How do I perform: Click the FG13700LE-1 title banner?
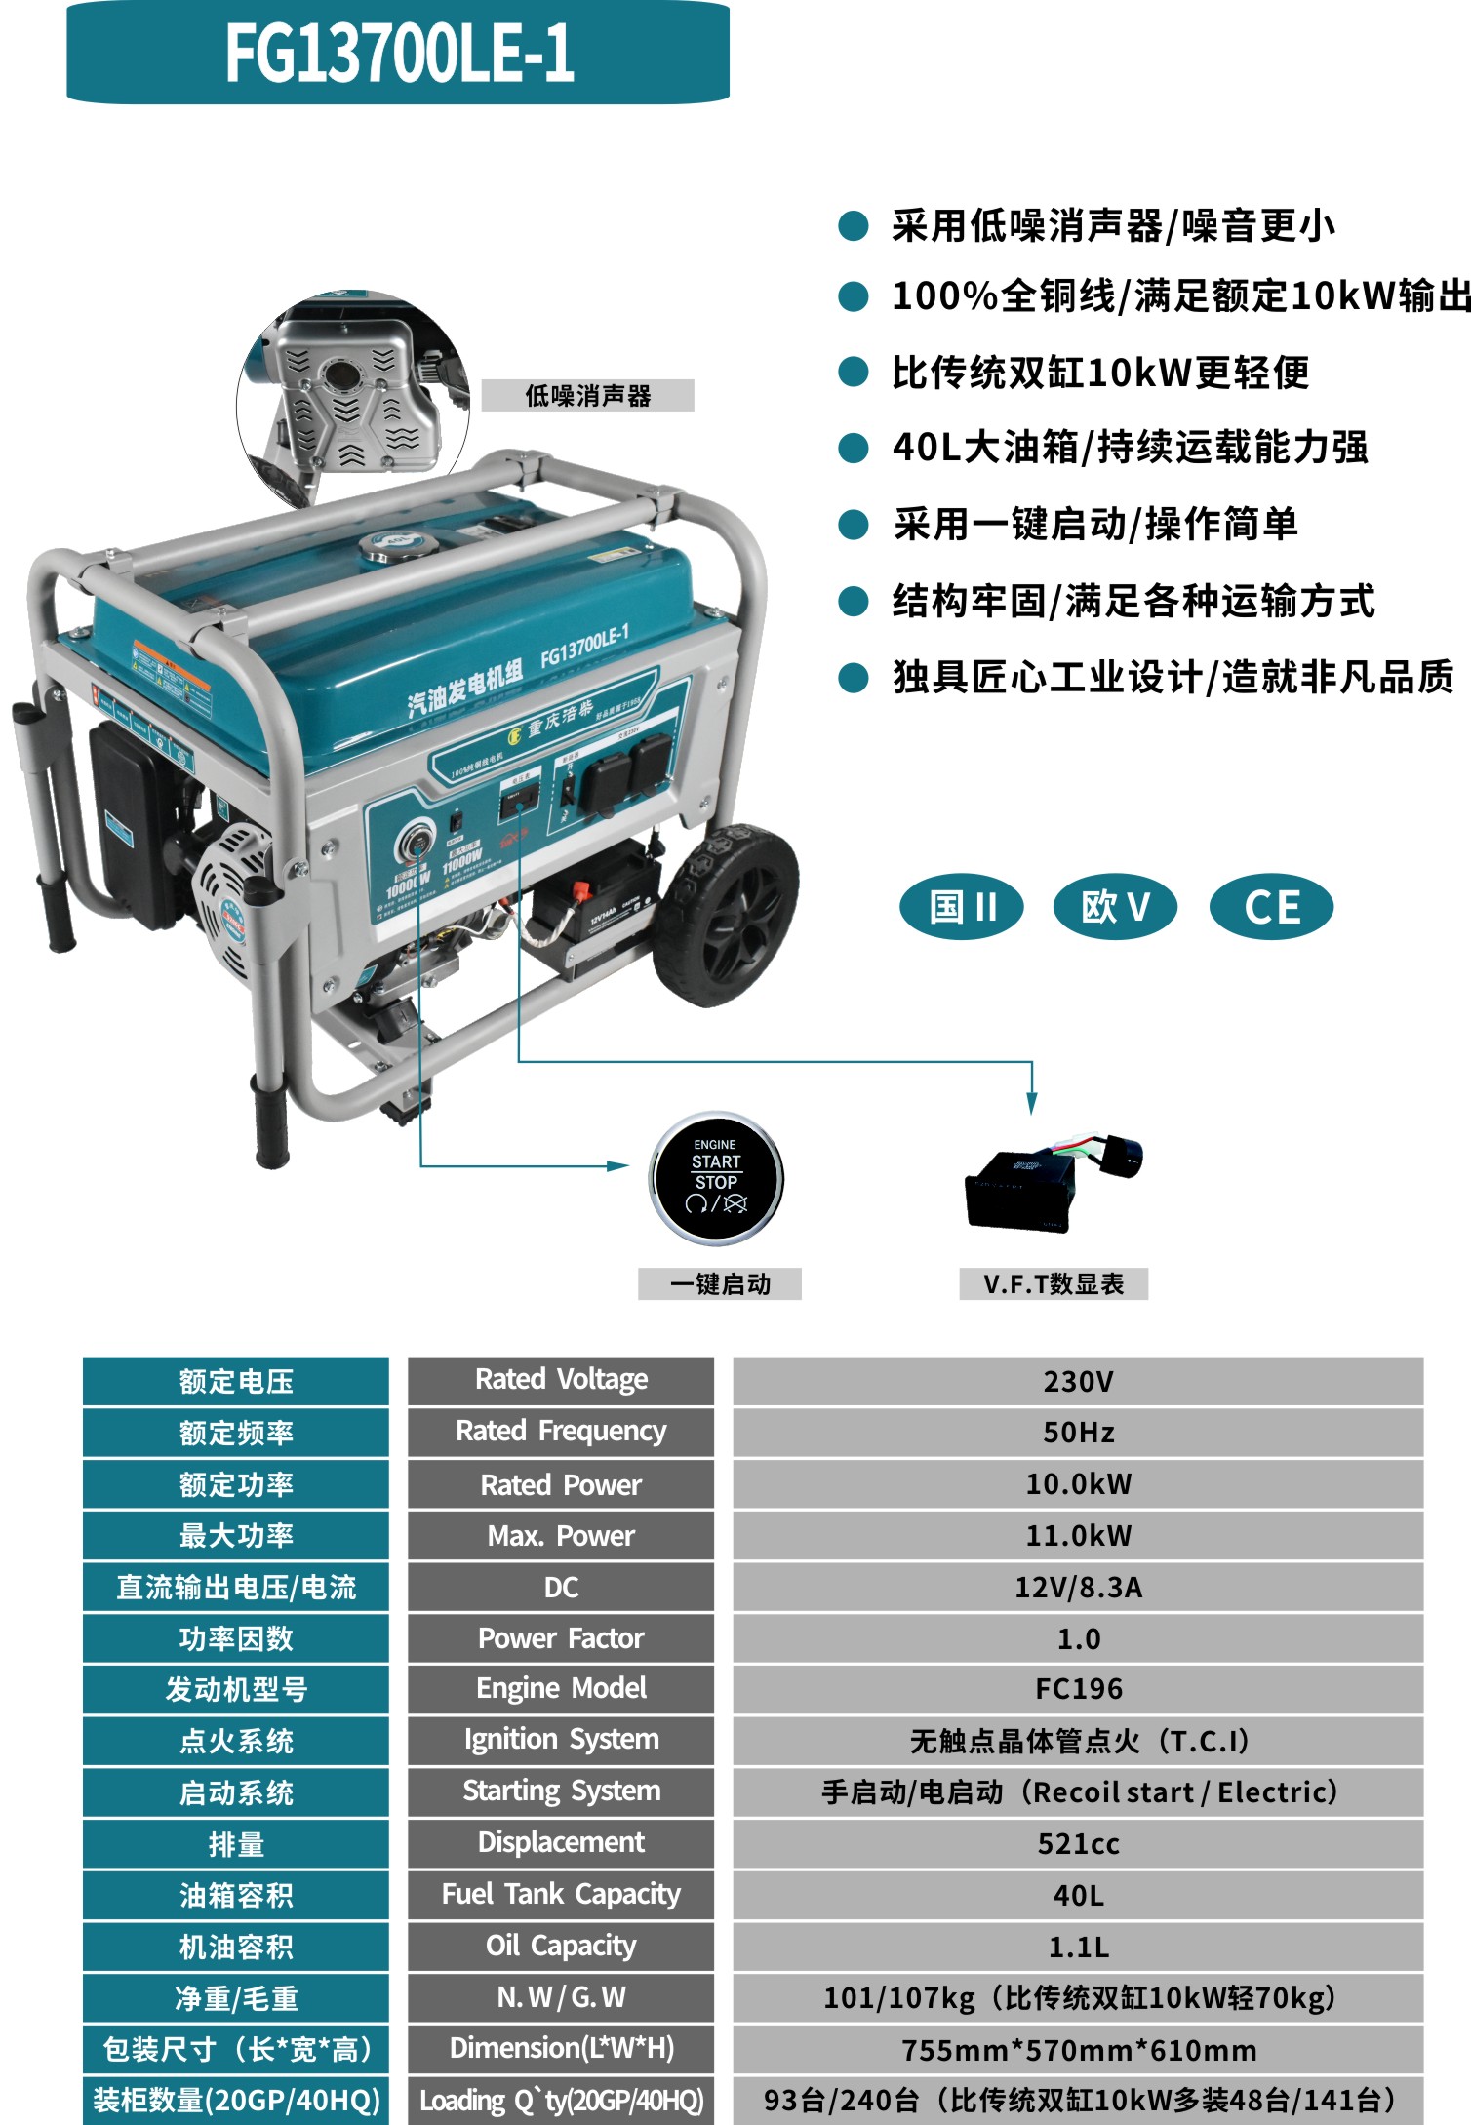pyautogui.click(x=398, y=53)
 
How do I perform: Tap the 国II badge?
pyautogui.click(x=961, y=906)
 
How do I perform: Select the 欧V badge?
pyautogui.click(x=1115, y=906)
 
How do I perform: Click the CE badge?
pyautogui.click(x=1271, y=906)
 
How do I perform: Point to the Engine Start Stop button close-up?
pyautogui.click(x=716, y=1178)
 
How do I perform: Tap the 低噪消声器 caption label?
pyautogui.click(x=587, y=396)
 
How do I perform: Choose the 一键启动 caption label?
pyautogui.click(x=720, y=1284)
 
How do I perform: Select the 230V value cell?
pyautogui.click(x=1078, y=1381)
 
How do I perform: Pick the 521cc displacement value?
pyautogui.click(x=1078, y=1843)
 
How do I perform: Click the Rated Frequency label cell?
pyautogui.click(x=561, y=1432)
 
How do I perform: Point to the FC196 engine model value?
pyautogui.click(x=1078, y=1689)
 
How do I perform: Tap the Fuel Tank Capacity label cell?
pyautogui.click(x=561, y=1894)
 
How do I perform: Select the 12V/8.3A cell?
pyautogui.click(x=1078, y=1587)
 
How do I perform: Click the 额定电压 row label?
pyautogui.click(x=236, y=1381)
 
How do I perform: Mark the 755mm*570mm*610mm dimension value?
pyautogui.click(x=1078, y=2049)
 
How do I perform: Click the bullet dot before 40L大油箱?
pyautogui.click(x=854, y=449)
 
